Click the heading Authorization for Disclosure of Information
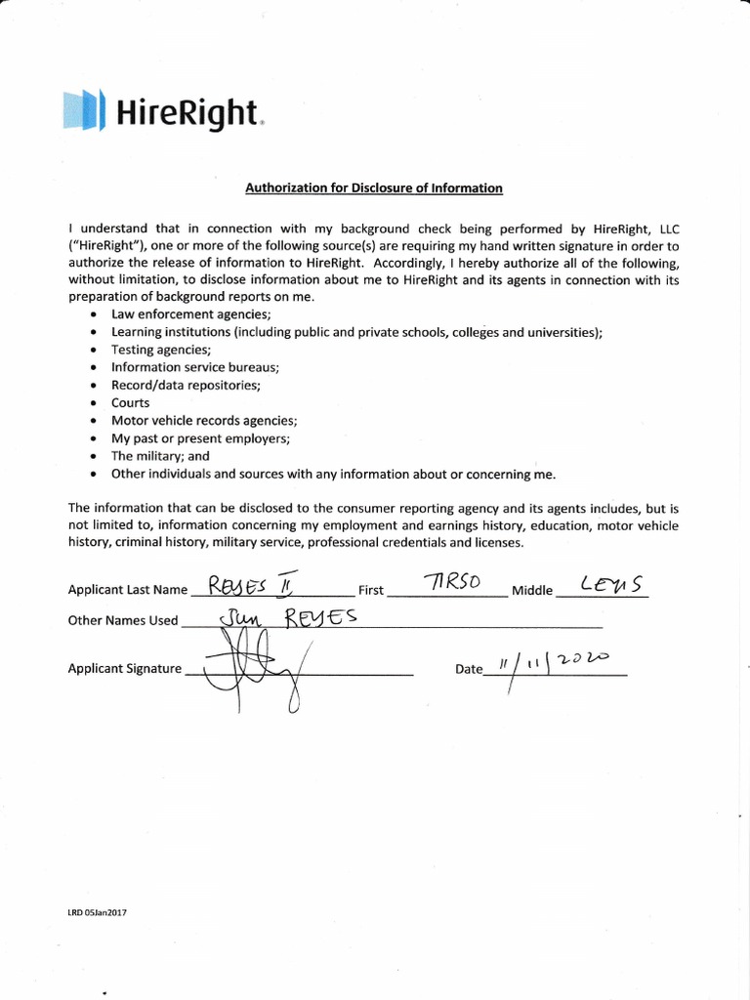tap(375, 188)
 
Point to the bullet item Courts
tap(131, 403)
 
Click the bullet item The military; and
tap(160, 456)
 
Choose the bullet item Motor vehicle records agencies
tap(204, 421)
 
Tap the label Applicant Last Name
tap(127, 590)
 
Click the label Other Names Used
tap(123, 620)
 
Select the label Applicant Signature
tap(125, 669)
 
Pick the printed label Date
tap(469, 670)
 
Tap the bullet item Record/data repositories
tap(186, 386)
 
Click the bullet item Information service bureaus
tap(195, 367)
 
